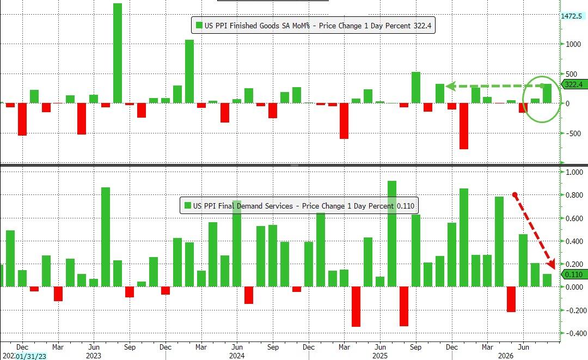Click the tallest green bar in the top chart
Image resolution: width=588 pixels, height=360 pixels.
coord(118,53)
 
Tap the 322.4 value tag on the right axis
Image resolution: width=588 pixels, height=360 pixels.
coord(573,84)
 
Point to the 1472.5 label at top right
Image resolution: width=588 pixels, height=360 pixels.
coord(572,16)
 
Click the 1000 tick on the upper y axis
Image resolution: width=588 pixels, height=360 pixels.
coord(573,44)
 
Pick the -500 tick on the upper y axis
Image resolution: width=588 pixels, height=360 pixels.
coord(573,133)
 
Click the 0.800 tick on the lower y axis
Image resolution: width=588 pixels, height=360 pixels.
coord(574,195)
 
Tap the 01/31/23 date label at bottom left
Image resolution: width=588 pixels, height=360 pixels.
coord(30,356)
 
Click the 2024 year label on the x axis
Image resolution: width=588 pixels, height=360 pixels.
coord(237,356)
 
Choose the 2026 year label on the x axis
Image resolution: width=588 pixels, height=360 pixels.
coord(505,356)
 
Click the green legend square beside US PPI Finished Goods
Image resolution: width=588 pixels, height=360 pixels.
coord(199,26)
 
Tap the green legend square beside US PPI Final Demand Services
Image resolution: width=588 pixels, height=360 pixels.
coord(188,205)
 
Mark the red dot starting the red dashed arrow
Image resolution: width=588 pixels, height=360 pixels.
coord(515,195)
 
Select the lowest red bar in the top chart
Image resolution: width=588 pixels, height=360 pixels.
coord(464,126)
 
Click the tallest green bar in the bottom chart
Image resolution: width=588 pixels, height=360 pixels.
coord(392,234)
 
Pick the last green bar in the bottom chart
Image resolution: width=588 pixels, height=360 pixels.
coord(547,280)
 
